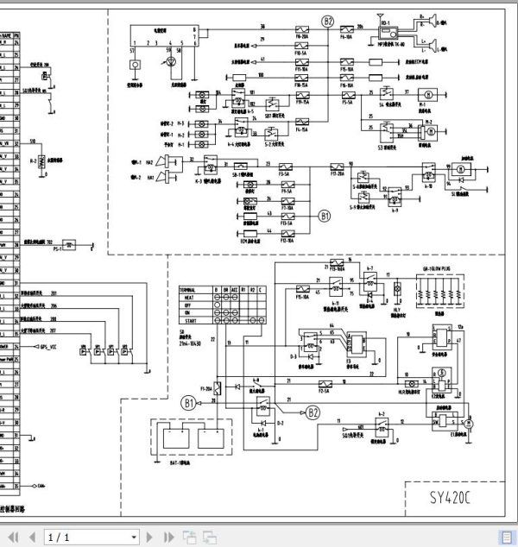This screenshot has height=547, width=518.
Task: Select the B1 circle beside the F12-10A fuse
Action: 325,216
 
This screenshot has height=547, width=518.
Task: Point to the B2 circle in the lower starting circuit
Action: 313,413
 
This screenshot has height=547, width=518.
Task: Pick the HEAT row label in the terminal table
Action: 186,296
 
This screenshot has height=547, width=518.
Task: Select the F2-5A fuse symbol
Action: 325,382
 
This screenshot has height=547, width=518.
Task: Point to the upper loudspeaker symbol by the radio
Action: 427,17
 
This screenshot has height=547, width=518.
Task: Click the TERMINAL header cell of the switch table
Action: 192,288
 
